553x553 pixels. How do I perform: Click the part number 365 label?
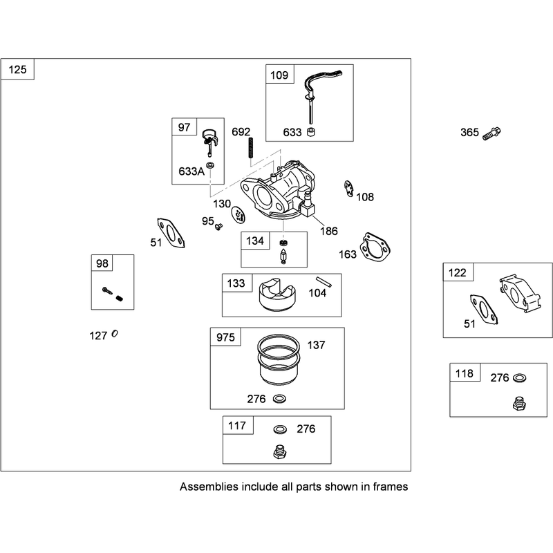point(469,133)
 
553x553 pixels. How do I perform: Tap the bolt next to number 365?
point(491,133)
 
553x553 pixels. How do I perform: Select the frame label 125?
point(18,70)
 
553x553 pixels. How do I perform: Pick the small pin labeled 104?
point(324,281)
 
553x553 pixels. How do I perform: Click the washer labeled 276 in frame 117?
point(280,429)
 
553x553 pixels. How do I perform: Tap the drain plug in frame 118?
point(519,404)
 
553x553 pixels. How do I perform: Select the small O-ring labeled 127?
point(115,333)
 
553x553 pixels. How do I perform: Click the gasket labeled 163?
point(375,247)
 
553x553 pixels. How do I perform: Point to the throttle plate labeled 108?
point(348,189)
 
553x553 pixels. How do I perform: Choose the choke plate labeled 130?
point(238,215)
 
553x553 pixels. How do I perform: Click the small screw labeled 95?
point(218,226)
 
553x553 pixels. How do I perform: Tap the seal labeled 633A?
point(211,165)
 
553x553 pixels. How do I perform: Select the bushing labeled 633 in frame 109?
point(310,132)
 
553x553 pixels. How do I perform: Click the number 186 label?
point(329,232)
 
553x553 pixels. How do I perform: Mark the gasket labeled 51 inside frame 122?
point(484,310)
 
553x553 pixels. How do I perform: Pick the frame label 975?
point(225,337)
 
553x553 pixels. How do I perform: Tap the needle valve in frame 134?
point(283,256)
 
